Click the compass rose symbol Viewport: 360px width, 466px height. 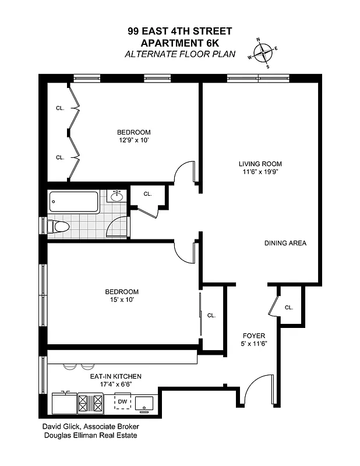click(x=264, y=52)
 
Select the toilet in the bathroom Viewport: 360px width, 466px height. click(x=58, y=226)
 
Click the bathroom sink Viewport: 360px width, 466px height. click(x=117, y=196)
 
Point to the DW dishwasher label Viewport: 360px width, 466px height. click(x=122, y=401)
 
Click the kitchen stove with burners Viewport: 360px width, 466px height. click(x=91, y=402)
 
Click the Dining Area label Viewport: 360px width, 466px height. click(x=285, y=243)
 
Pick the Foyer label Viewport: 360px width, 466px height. click(x=254, y=336)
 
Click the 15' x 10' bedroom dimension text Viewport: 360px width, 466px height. click(x=122, y=300)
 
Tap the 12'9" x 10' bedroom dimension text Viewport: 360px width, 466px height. click(x=133, y=140)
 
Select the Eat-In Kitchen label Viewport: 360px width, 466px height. click(x=115, y=376)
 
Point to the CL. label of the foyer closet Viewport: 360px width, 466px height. click(x=289, y=308)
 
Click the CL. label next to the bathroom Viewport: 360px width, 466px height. click(x=147, y=194)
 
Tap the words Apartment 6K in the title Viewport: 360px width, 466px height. click(x=180, y=44)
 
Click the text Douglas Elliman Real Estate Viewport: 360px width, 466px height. click(x=90, y=435)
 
